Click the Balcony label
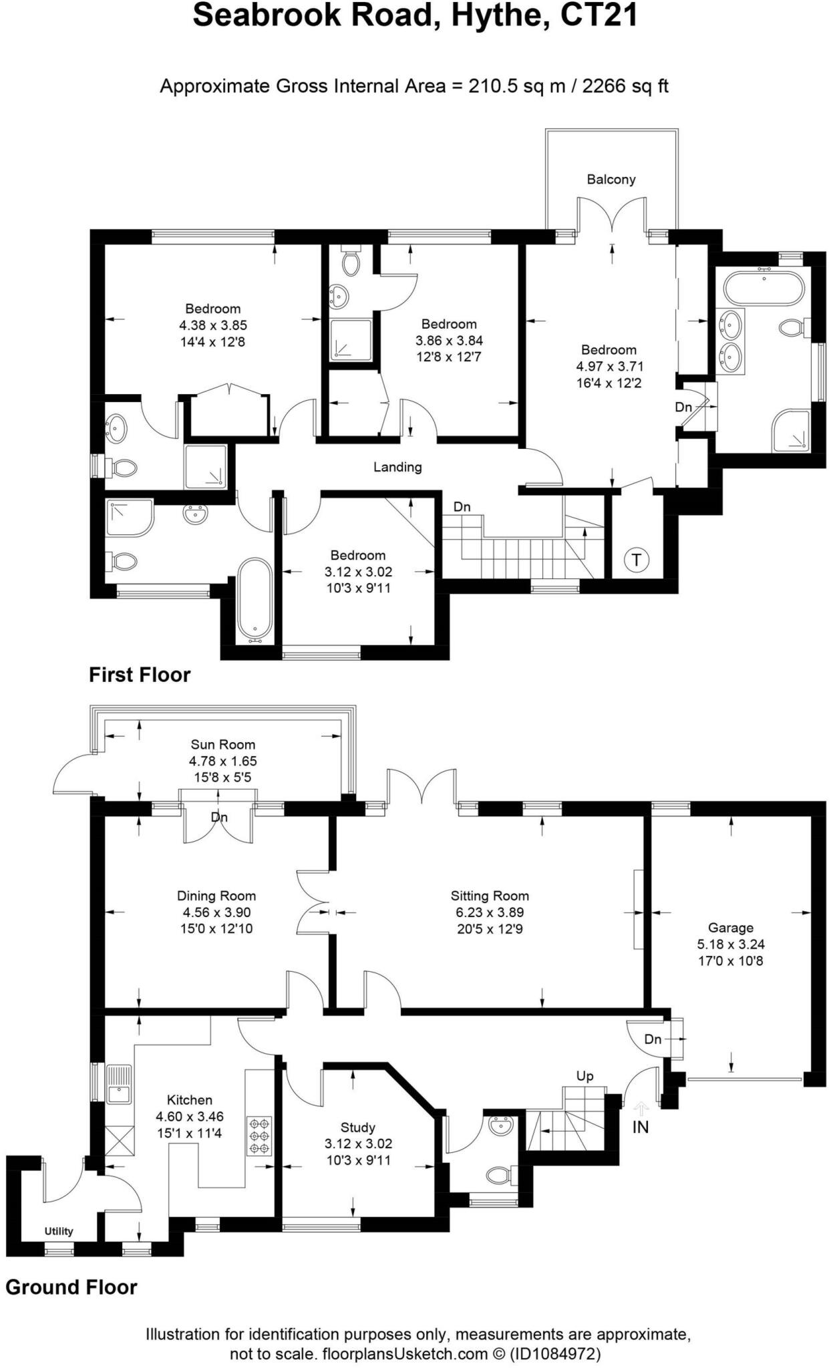pos(611,179)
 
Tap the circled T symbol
pos(636,560)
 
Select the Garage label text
pos(730,927)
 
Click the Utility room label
pos(59,1231)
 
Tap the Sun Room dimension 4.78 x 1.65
pos(222,761)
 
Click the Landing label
pos(397,467)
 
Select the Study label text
pos(357,1128)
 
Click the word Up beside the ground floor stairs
pos(585,1076)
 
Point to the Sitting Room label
pos(490,896)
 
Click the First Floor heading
pos(140,675)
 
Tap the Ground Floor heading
pos(71,1287)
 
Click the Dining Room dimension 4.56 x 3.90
pos(216,912)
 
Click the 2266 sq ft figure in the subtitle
pos(625,86)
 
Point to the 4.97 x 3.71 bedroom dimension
pos(609,366)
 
